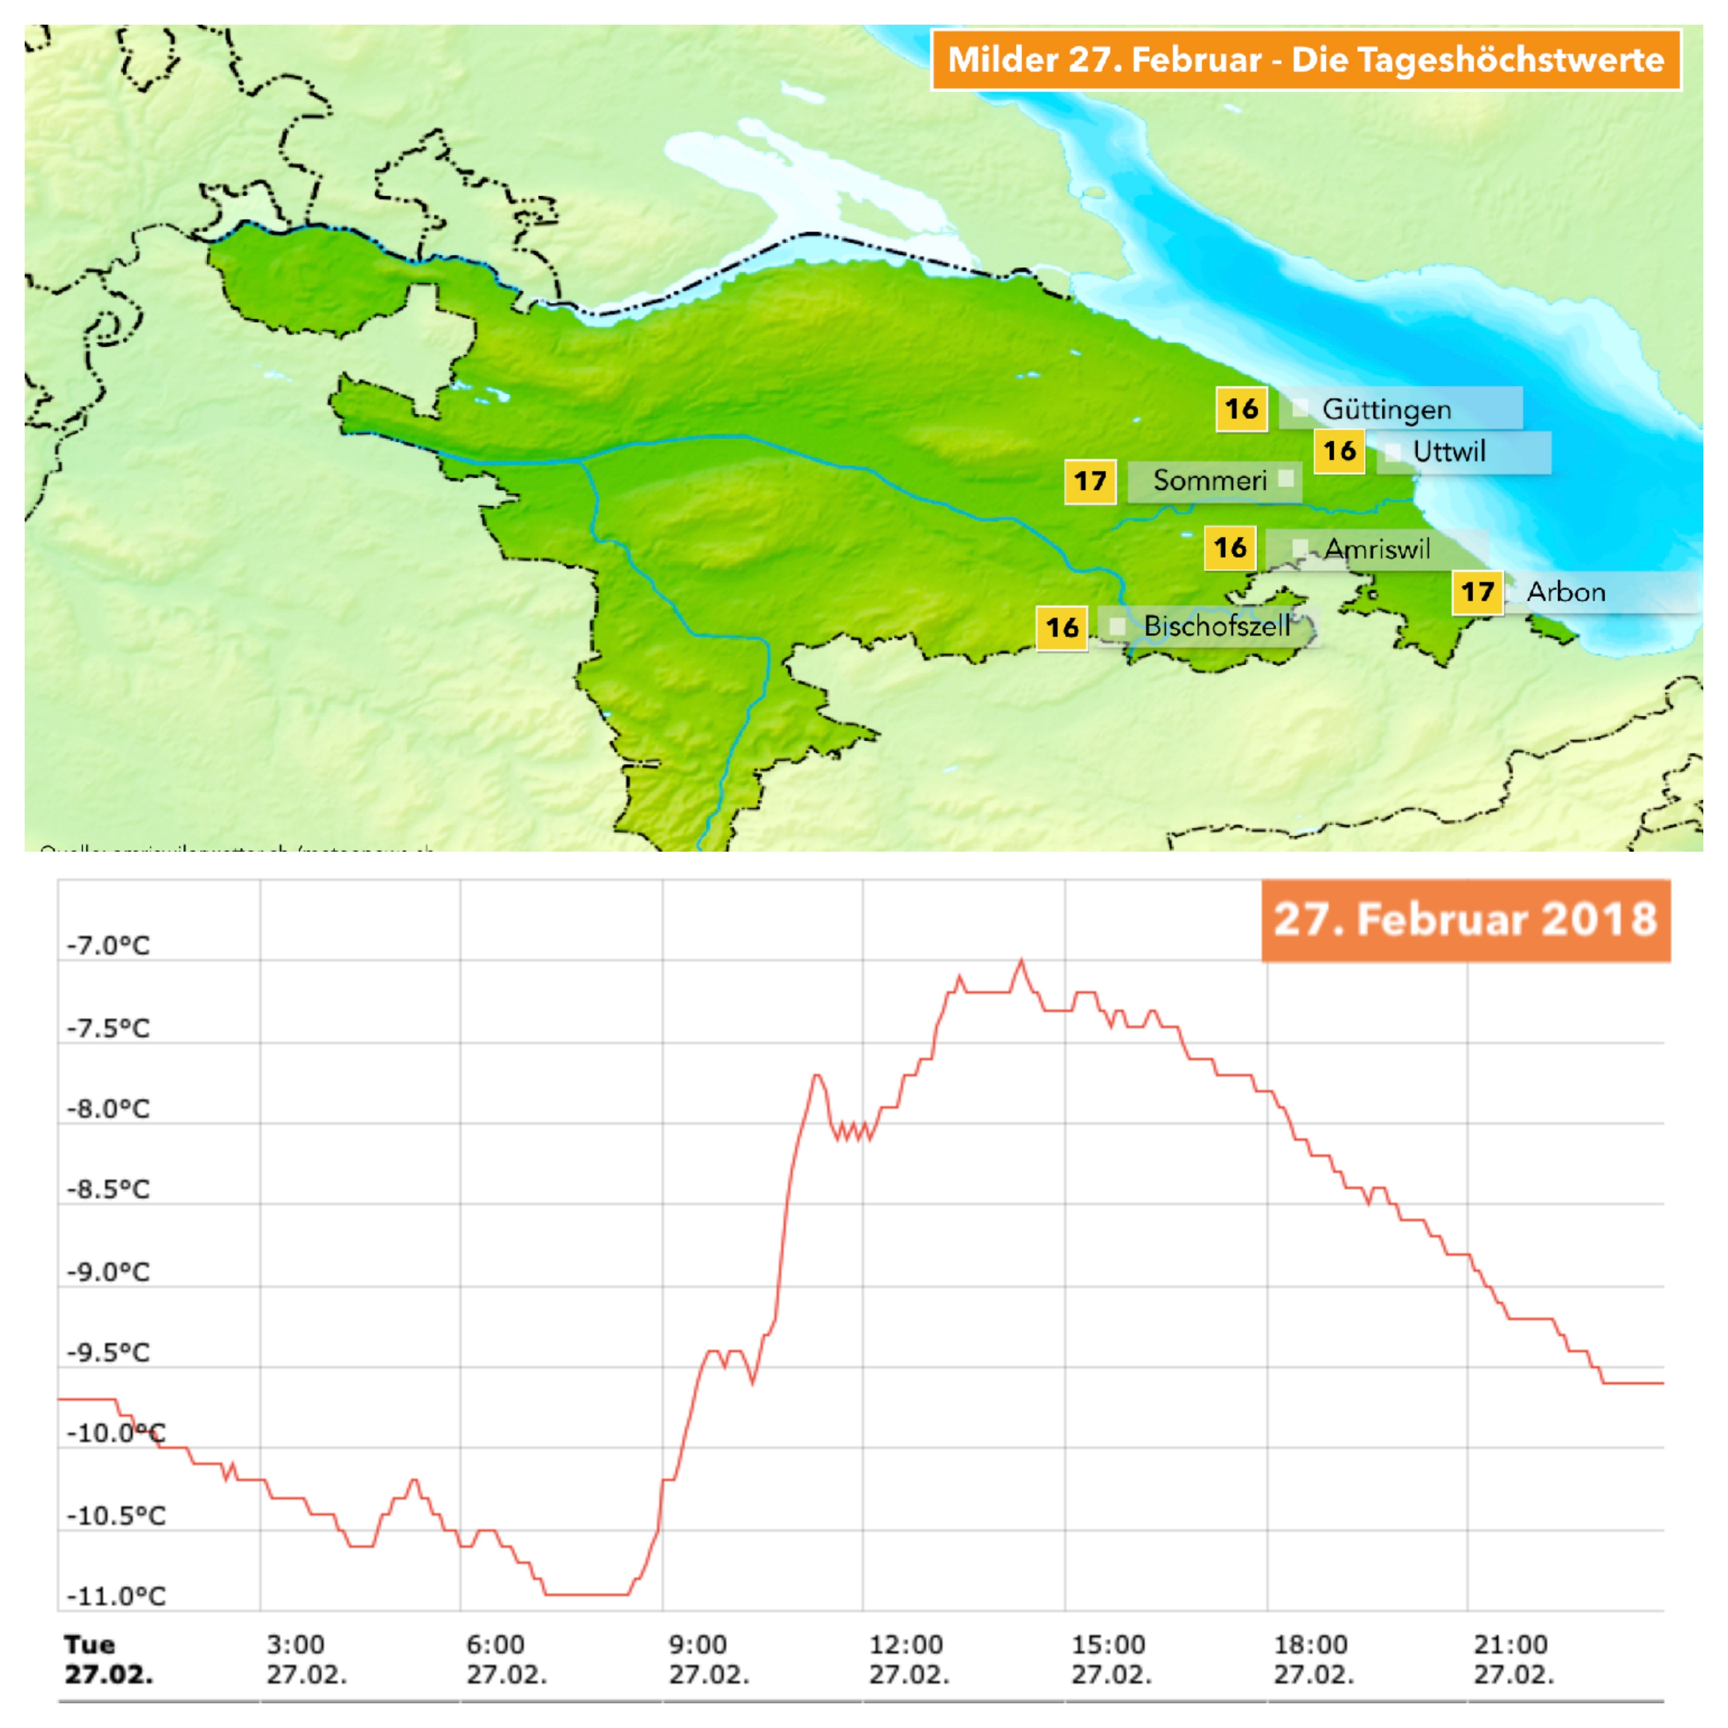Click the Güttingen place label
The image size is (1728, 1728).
pos(1386,410)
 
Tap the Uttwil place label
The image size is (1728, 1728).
pos(1449,452)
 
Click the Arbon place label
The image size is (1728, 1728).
pos(1565,592)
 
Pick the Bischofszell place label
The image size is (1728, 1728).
pos(1216,626)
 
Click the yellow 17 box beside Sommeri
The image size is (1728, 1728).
pos(1089,481)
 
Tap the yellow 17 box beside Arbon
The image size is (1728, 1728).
pos(1477,592)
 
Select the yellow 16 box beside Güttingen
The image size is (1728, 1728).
pos(1242,410)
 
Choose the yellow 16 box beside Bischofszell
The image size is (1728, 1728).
pos(1061,627)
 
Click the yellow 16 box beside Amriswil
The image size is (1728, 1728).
pos(1230,547)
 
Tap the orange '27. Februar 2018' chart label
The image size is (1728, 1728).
pos(1465,920)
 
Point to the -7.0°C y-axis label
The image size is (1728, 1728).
pos(108,945)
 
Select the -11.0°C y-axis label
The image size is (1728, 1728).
pos(116,1596)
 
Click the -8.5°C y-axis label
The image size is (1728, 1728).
pos(108,1190)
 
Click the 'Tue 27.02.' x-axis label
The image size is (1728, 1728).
pos(108,1658)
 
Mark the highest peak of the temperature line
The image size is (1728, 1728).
pos(1021,962)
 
